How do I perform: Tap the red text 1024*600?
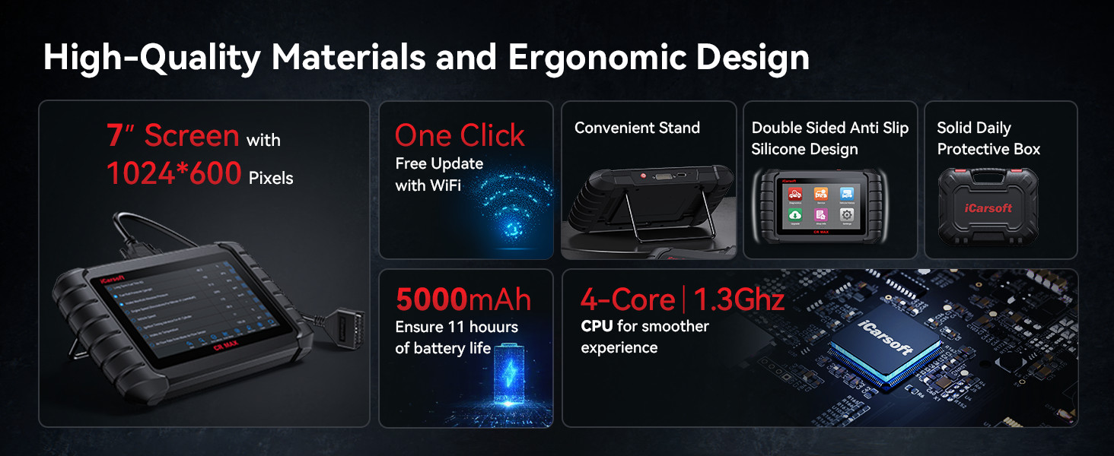pos(174,174)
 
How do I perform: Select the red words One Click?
pos(460,136)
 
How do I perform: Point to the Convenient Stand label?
pos(637,128)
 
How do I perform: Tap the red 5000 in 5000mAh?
pos(431,300)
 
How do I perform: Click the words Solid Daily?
pos(973,128)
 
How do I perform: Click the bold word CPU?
pos(597,327)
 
